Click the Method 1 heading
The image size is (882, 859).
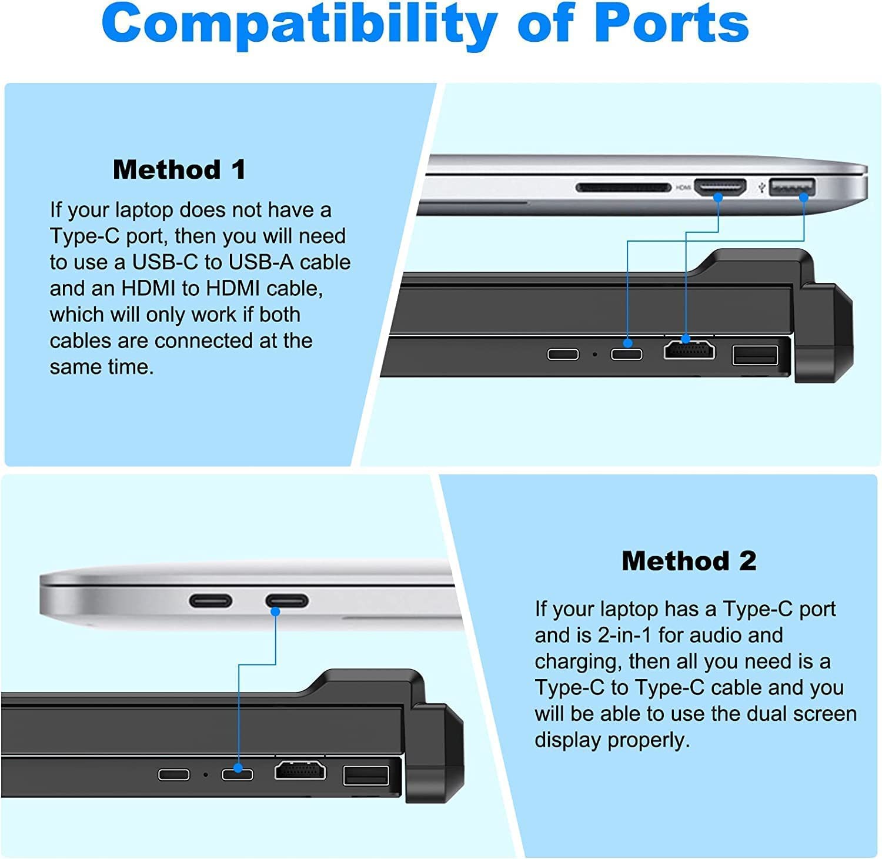pos(179,170)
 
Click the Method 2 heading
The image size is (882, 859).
pos(689,561)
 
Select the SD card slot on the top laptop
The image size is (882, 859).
pos(623,188)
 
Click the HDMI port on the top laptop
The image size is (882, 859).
pos(720,188)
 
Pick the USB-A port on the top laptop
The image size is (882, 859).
pos(791,187)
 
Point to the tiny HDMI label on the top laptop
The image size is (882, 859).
pos(683,188)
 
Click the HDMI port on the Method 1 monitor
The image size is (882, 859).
pos(690,350)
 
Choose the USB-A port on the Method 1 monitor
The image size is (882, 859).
pos(755,355)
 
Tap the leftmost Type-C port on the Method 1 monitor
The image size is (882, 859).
pos(563,354)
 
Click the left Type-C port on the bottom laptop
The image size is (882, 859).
pos(211,601)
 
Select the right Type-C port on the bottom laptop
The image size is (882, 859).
pos(287,601)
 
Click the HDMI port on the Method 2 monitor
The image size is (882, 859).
pos(300,770)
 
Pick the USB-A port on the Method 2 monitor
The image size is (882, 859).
pos(366,776)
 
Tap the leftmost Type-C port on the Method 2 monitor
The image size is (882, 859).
pos(174,774)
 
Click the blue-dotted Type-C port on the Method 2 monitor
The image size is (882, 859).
pos(238,774)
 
